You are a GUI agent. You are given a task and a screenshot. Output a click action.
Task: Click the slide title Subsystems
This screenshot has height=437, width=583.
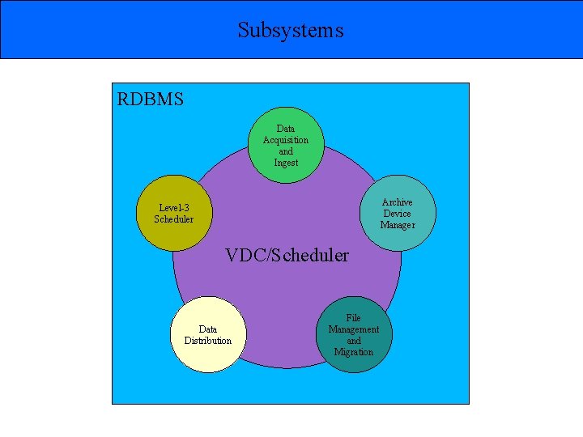[291, 30]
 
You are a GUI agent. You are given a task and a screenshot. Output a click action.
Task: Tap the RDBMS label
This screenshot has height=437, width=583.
[151, 100]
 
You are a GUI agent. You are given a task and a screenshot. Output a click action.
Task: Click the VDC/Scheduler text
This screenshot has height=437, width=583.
[287, 256]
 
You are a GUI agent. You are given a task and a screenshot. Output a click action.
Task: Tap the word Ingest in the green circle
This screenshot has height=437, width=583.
[286, 163]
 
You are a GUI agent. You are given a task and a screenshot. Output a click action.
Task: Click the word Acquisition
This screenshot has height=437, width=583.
[286, 140]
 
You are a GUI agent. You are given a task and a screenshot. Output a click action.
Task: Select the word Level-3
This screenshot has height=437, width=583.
[174, 207]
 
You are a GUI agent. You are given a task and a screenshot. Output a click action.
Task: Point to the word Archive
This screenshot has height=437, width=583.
[398, 202]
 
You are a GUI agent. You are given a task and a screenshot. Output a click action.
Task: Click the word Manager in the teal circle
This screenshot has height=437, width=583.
[398, 225]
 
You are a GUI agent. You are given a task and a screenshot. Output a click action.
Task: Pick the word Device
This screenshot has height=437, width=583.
[398, 214]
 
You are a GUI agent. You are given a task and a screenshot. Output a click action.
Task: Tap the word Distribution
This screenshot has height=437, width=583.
[208, 341]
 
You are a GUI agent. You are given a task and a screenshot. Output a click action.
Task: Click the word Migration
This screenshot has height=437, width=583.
[354, 352]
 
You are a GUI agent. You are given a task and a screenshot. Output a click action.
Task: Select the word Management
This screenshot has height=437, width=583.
[354, 329]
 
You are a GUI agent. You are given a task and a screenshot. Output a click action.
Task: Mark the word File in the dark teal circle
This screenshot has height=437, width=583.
[354, 318]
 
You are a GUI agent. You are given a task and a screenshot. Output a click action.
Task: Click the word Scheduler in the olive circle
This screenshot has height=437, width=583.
[174, 218]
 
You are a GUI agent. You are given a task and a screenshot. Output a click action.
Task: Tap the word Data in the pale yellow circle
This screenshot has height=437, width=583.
[208, 329]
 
